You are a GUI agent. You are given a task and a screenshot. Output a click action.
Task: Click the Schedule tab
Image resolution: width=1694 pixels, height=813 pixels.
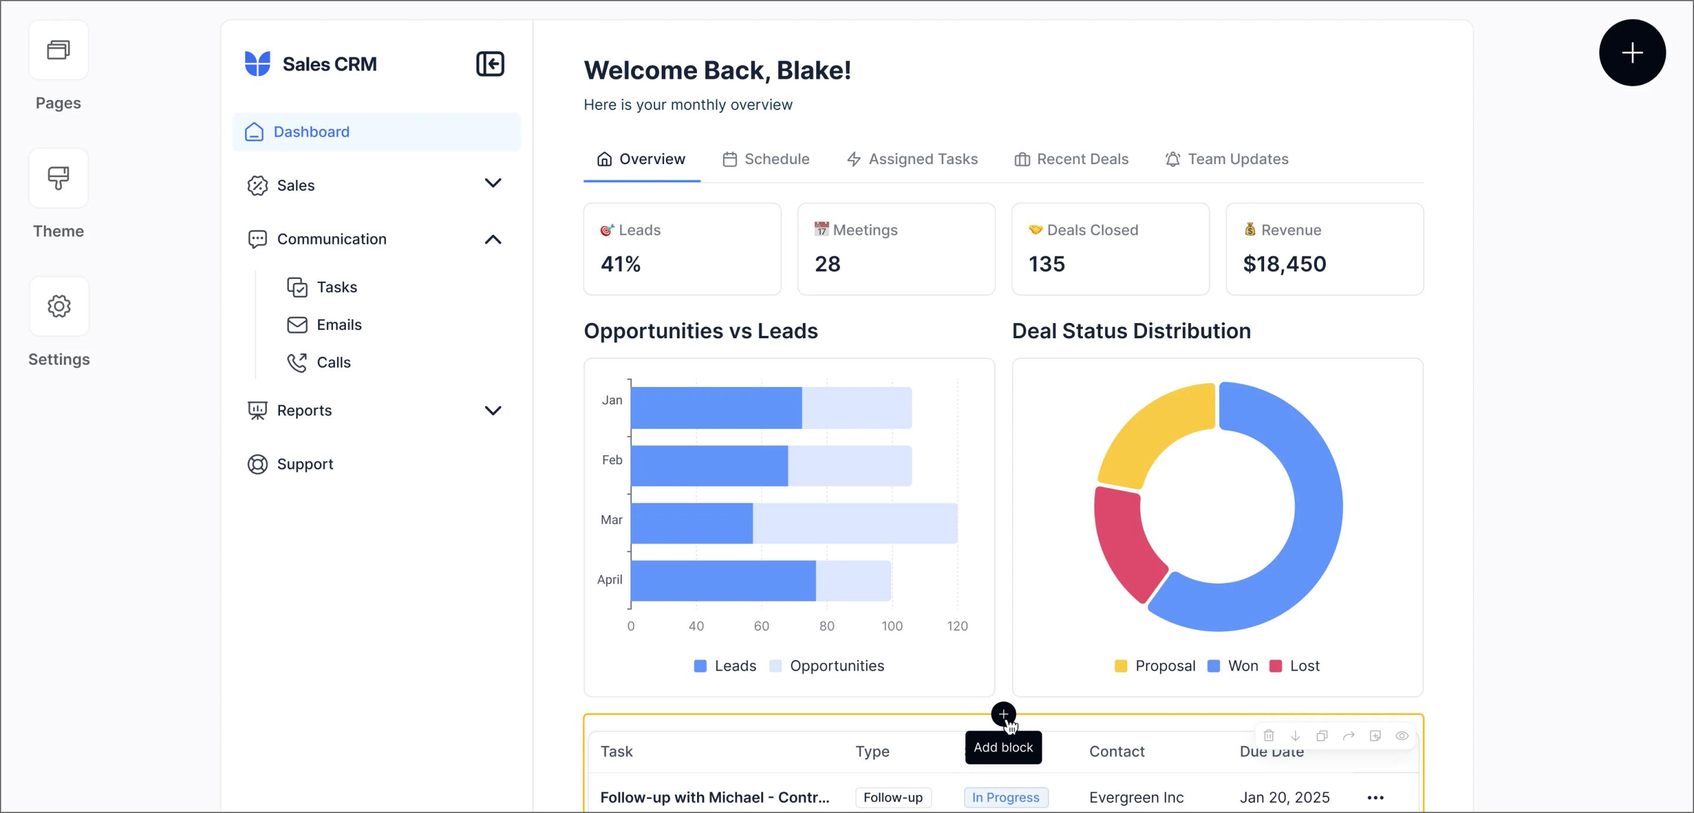[765, 159]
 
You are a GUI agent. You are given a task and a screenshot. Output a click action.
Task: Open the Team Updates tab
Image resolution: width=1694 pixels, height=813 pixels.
[1226, 159]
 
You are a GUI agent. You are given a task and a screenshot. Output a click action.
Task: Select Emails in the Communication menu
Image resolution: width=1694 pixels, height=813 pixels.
[338, 325]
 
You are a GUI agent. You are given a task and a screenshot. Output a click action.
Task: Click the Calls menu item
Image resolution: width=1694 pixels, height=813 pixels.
[333, 362]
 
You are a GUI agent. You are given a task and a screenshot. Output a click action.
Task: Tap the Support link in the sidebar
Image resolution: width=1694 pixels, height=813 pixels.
[305, 464]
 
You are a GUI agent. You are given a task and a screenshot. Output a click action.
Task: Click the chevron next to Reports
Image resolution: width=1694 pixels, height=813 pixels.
[492, 411]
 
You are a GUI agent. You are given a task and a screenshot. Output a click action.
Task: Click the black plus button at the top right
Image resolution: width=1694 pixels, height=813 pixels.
[1632, 52]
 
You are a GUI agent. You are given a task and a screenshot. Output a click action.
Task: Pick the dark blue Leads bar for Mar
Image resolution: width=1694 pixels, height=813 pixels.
[691, 524]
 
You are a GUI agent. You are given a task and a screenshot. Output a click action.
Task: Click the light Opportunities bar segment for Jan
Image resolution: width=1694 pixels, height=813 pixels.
[856, 408]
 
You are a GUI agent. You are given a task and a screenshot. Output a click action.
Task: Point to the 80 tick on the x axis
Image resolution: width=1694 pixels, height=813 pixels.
[826, 626]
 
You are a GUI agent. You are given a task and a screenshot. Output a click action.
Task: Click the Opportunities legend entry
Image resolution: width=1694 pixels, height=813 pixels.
[836, 666]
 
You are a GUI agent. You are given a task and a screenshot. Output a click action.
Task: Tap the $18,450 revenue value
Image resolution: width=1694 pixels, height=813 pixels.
[1283, 264]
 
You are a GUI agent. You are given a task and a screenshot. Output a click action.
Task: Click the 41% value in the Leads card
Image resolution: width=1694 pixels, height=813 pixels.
[620, 264]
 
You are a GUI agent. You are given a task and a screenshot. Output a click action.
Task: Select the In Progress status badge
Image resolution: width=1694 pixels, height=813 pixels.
[1005, 797]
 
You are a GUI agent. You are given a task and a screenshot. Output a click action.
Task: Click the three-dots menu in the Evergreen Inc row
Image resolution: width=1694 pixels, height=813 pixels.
[1375, 797]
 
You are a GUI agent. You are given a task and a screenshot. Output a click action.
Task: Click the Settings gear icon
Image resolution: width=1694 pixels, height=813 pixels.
[59, 306]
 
